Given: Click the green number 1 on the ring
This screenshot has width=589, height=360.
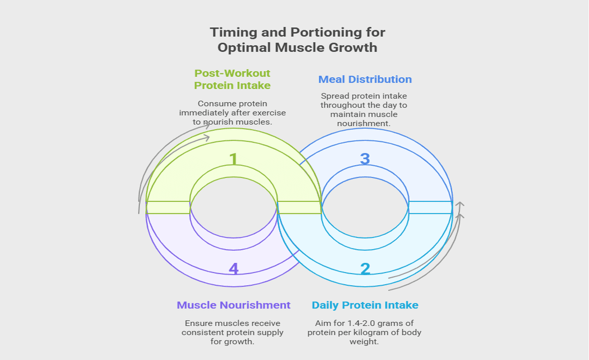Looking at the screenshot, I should [234, 159].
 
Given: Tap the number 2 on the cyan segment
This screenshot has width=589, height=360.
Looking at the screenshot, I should [365, 269].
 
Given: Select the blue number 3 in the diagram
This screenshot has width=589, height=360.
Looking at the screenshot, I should [365, 159].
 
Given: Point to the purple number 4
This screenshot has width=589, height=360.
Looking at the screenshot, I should [234, 269].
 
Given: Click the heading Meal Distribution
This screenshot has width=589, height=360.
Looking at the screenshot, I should [365, 79].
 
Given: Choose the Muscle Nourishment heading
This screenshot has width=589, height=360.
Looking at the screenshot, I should [234, 305].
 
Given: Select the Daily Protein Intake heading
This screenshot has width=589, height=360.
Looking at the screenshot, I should [365, 305].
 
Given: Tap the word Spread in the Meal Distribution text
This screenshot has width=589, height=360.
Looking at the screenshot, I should [334, 96].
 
